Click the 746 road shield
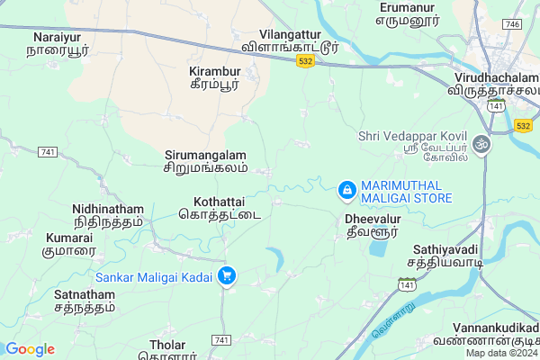[x=511, y=23]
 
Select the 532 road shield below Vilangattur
[x=306, y=60]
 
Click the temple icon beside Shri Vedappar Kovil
[x=481, y=143]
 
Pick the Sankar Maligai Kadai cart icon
[x=228, y=275]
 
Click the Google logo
[x=30, y=349]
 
